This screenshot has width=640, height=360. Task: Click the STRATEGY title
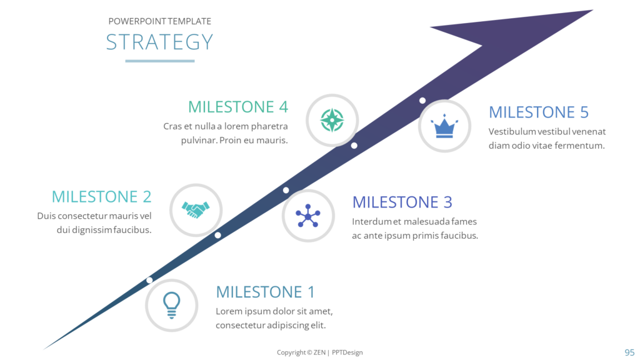(159, 42)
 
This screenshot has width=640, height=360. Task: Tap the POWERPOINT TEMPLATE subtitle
(159, 21)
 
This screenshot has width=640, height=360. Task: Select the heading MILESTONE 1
(265, 292)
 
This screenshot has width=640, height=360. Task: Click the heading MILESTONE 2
(102, 196)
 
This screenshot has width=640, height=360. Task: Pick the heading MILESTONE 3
(402, 202)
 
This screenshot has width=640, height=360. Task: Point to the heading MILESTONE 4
(238, 106)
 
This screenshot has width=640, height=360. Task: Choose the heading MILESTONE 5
(539, 112)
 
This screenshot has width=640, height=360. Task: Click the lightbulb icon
(171, 305)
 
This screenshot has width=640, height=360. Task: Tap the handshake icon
(196, 210)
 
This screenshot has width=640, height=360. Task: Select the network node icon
(308, 216)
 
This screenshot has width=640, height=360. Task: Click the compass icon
(332, 120)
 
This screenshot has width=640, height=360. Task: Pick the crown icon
(444, 126)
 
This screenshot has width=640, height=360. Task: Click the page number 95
(629, 352)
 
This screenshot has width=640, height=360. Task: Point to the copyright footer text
(319, 352)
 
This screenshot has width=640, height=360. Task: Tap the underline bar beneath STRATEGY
(160, 61)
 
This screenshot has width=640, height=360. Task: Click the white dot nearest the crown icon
(422, 101)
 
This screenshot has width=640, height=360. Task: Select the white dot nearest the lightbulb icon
(150, 280)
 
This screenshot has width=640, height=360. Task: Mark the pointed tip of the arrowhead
(592, 10)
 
